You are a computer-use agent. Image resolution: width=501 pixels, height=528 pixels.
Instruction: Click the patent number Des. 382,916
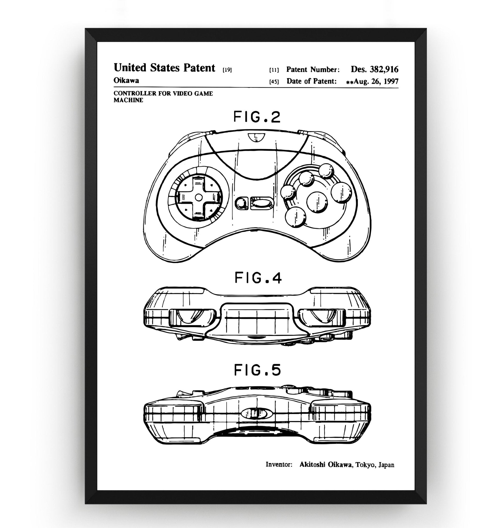[x=374, y=69]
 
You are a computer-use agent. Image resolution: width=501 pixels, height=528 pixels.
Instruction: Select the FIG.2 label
[x=257, y=117]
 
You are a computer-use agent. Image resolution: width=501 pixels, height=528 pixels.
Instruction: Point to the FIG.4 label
[x=258, y=278]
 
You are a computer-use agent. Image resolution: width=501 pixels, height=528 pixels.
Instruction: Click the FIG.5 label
[x=257, y=370]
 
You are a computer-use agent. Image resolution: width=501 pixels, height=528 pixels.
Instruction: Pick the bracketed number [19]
[x=227, y=70]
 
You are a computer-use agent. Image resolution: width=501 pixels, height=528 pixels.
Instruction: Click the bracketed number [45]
[x=274, y=82]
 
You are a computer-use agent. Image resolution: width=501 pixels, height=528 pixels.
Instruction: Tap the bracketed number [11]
[x=274, y=70]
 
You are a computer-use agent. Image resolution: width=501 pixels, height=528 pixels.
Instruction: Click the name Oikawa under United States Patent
[x=126, y=80]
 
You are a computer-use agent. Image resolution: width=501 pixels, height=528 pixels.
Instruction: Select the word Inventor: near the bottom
[x=279, y=465]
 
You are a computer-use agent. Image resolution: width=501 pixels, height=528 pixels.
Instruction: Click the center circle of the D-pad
[x=199, y=197]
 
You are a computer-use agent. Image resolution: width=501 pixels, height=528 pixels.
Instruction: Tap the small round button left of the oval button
[x=242, y=203]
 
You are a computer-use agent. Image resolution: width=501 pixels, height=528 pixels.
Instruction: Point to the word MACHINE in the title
[x=128, y=100]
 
